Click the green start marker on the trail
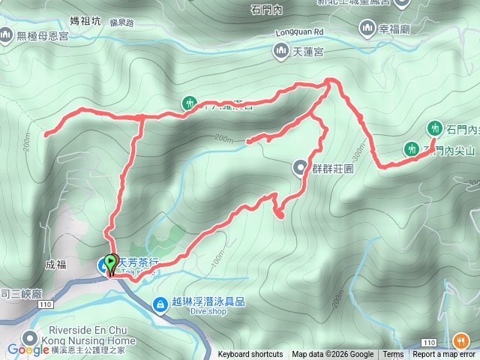tap(112, 263)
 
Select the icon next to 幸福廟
tap(367, 28)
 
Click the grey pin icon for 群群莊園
tap(299, 167)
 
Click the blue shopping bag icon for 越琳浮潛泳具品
tap(160, 304)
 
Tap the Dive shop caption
tap(189, 313)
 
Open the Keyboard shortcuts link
tap(250, 355)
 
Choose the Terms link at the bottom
tap(393, 355)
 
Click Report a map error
tap(444, 355)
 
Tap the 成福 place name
tap(55, 264)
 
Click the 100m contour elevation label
tap(218, 259)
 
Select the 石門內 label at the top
tap(266, 9)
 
